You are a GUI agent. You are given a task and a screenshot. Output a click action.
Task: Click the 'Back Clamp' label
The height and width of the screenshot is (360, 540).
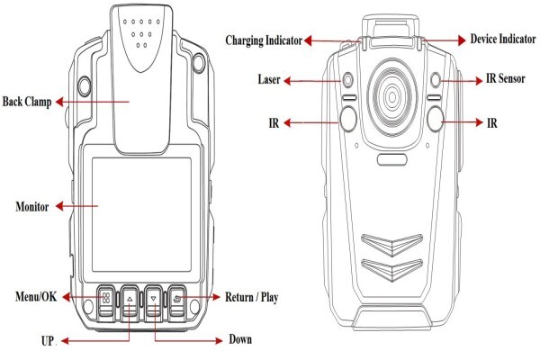27,102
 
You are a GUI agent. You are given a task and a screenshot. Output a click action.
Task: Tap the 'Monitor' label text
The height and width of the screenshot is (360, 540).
32,206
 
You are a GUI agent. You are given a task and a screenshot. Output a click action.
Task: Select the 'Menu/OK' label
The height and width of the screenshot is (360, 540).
36,296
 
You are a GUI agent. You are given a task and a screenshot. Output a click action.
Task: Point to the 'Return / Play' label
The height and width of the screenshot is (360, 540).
251,297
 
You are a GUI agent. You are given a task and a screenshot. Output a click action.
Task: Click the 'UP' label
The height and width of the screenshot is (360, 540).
48,341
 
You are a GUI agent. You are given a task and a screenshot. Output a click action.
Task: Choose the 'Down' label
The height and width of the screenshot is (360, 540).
240,339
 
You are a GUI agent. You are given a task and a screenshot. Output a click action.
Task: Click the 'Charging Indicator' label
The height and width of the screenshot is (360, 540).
264,40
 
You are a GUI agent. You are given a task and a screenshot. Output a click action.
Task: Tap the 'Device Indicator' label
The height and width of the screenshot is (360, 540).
503,39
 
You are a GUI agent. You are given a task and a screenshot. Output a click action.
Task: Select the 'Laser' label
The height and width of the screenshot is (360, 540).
269,79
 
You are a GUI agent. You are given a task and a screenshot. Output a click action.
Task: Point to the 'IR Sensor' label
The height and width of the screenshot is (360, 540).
506,79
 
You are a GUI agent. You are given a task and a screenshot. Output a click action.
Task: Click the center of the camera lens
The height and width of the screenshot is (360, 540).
392,96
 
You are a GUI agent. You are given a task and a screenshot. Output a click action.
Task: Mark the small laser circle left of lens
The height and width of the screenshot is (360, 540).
348,79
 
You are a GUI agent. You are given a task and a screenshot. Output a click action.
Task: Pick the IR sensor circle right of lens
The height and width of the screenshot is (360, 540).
436,79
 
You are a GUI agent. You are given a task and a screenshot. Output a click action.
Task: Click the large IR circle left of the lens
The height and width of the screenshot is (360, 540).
347,119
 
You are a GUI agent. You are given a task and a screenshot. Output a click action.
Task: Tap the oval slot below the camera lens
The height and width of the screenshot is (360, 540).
392,159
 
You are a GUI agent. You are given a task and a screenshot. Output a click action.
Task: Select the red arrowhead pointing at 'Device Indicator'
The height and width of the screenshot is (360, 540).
462,40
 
